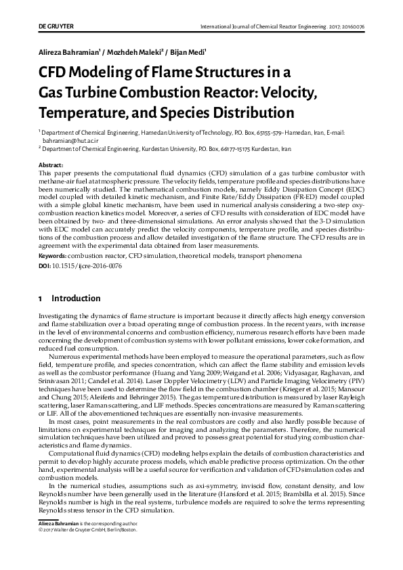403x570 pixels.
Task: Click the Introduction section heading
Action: point(76,299)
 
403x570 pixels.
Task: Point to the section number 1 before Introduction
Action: point(41,299)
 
